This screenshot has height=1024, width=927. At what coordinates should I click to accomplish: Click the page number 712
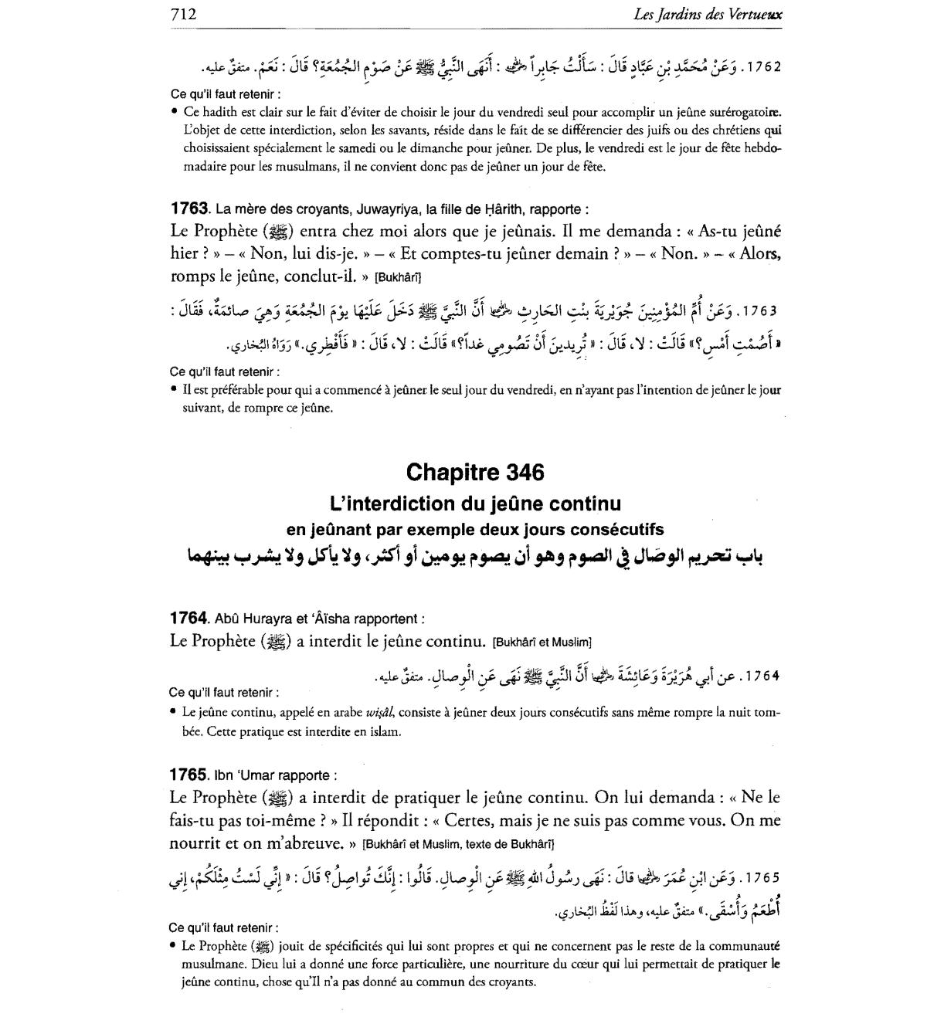tap(183, 13)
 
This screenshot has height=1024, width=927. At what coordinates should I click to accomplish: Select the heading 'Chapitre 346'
tap(474, 472)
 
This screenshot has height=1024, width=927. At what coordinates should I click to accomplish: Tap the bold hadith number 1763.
tap(189, 209)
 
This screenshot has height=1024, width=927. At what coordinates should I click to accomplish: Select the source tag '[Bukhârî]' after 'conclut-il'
tap(397, 277)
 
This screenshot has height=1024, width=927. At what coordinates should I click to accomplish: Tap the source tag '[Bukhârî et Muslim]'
tap(541, 642)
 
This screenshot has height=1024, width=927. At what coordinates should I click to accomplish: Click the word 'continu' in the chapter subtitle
tap(579, 504)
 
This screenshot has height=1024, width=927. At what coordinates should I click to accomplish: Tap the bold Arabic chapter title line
tap(474, 557)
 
